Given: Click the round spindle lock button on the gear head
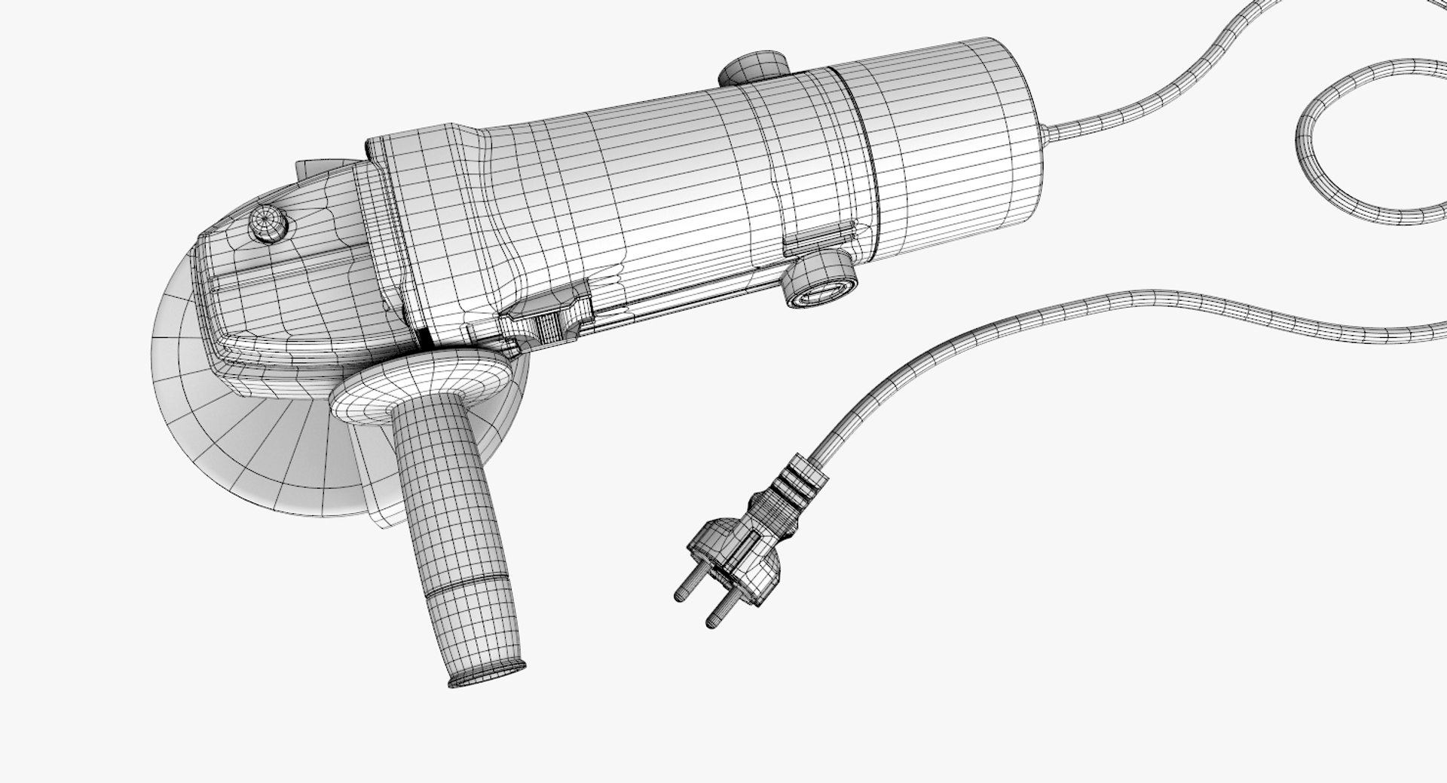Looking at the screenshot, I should [268, 225].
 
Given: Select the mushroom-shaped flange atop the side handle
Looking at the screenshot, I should [419, 385].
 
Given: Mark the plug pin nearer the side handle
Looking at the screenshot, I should [687, 585].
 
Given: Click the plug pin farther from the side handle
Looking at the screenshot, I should [720, 611].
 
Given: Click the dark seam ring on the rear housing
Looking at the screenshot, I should [859, 151].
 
